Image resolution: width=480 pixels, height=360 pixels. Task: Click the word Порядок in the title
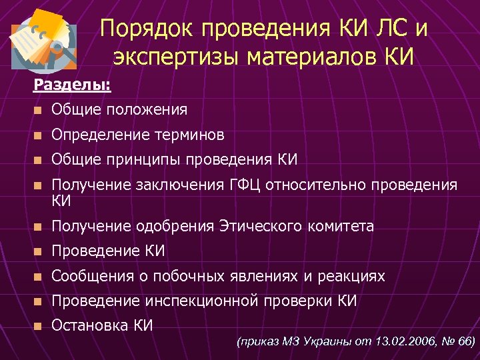pyautogui.click(x=141, y=30)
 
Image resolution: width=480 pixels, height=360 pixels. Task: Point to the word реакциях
pyautogui.click(x=353, y=276)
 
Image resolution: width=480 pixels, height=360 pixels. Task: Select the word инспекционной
pyautogui.click(x=201, y=301)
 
